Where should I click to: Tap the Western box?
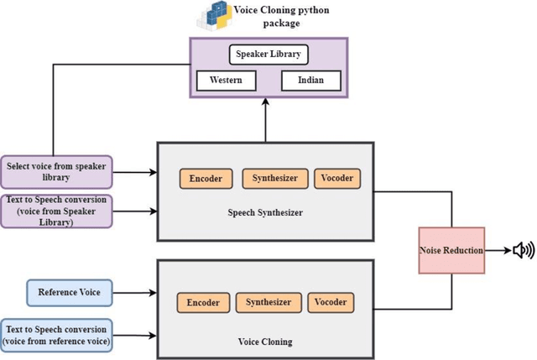pyautogui.click(x=226, y=81)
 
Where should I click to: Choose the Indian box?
pyautogui.click(x=310, y=81)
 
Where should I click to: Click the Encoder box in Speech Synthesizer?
pyautogui.click(x=206, y=179)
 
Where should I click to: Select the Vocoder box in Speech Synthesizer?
pyautogui.click(x=337, y=178)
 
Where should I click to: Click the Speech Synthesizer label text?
pyautogui.click(x=264, y=212)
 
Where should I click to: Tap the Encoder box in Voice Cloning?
pyautogui.click(x=203, y=302)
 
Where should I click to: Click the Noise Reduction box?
pyautogui.click(x=451, y=249)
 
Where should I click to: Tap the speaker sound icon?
pyautogui.click(x=523, y=249)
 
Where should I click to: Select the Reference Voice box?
pyautogui.click(x=70, y=293)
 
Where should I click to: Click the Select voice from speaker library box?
pyautogui.click(x=57, y=171)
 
